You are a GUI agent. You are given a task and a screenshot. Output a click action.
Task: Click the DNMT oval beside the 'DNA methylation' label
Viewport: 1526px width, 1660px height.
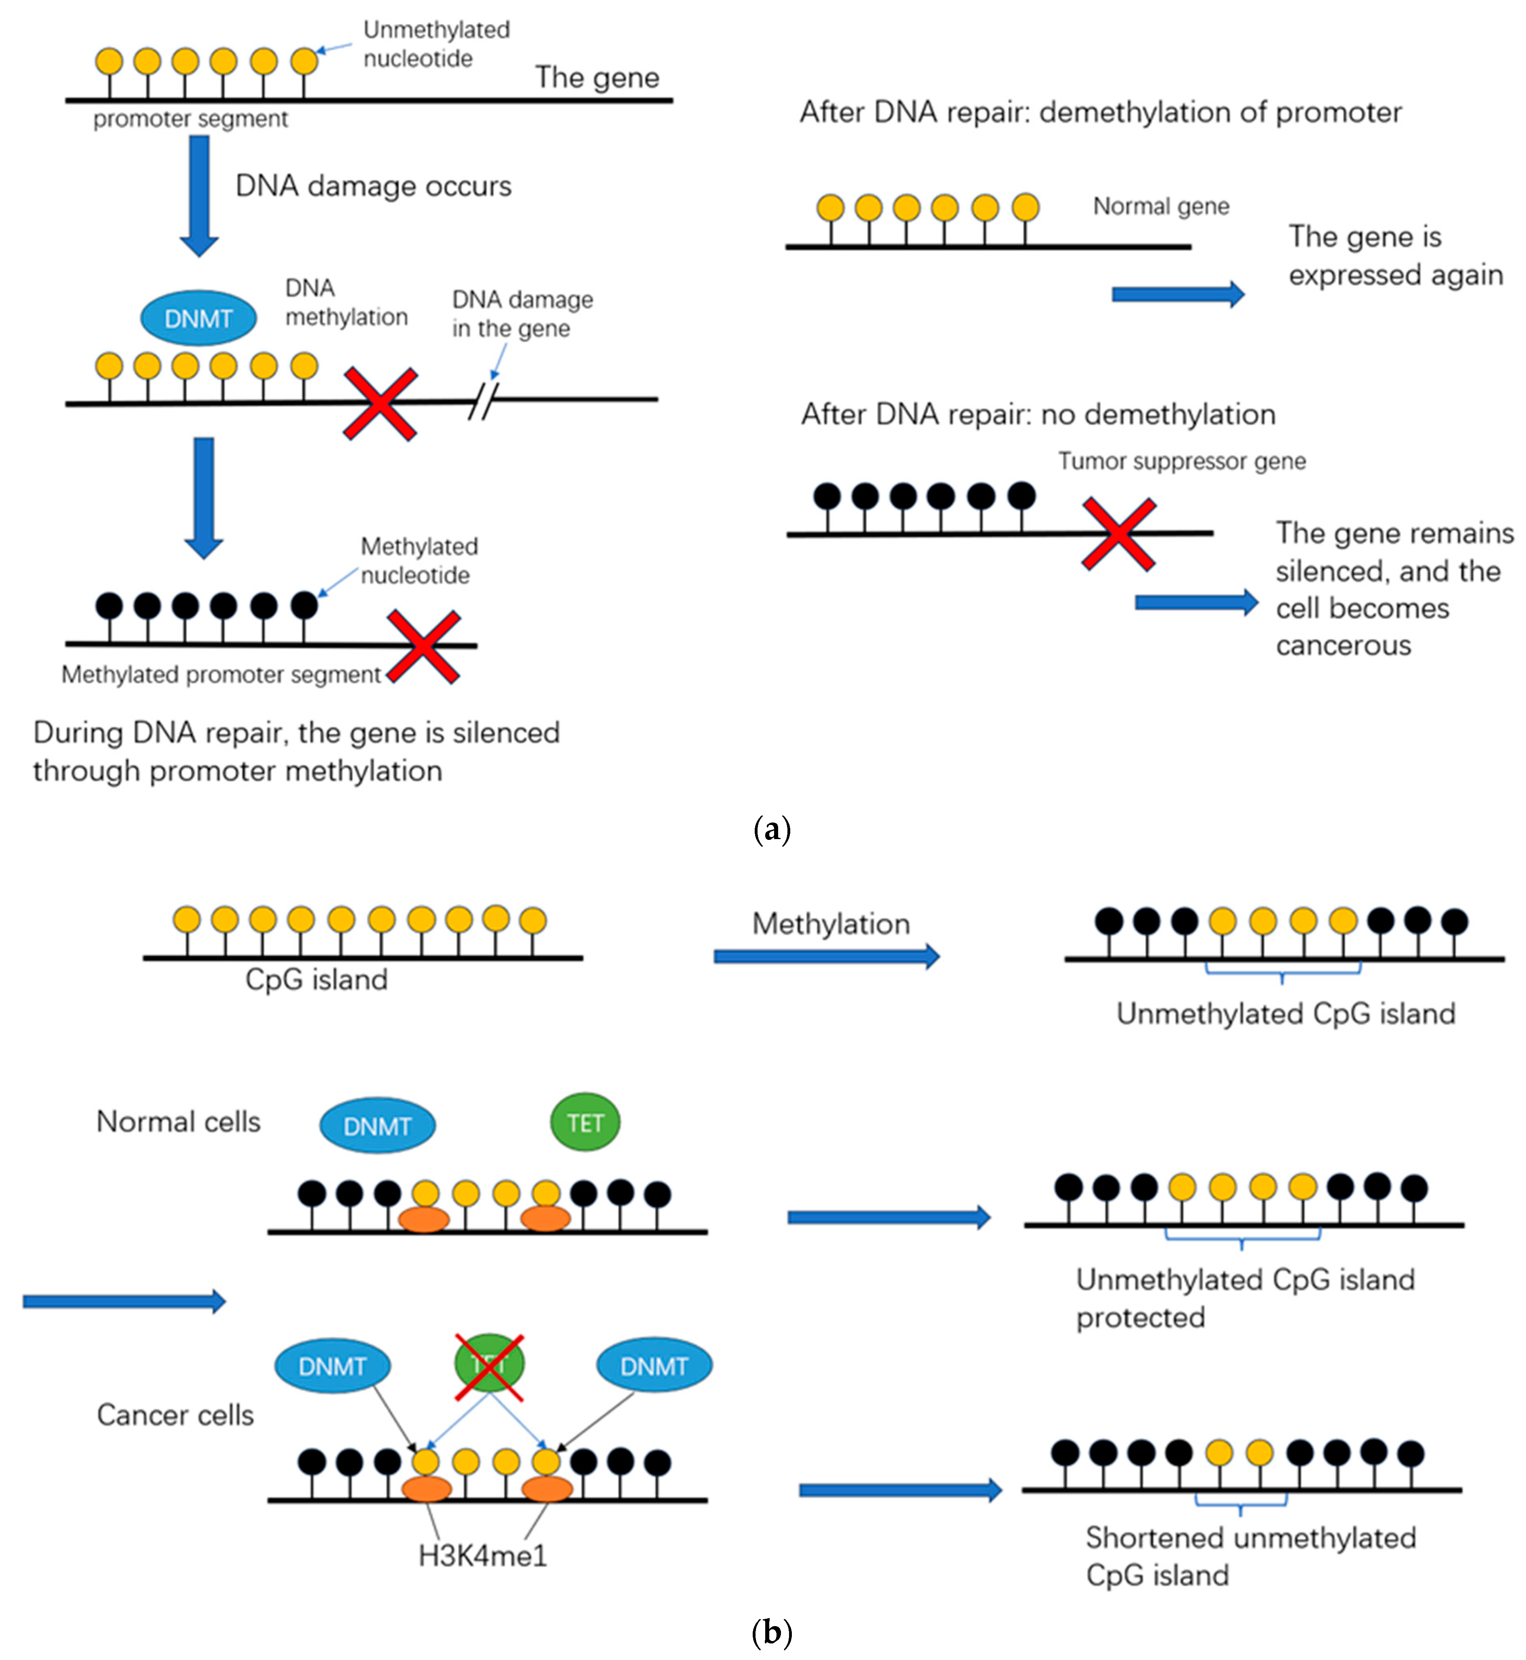[198, 318]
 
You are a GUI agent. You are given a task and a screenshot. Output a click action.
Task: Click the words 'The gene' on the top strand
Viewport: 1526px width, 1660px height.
[597, 77]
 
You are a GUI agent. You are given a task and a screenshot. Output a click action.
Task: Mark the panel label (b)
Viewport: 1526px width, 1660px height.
[772, 1633]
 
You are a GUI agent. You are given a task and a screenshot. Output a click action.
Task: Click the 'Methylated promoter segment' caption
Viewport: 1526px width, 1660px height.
[221, 675]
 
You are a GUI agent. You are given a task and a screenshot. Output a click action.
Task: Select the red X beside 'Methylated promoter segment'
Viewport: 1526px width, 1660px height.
[424, 647]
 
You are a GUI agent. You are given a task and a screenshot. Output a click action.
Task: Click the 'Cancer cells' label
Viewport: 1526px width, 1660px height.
[175, 1415]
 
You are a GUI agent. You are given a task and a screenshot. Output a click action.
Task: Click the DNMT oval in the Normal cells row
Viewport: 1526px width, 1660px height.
[377, 1126]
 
